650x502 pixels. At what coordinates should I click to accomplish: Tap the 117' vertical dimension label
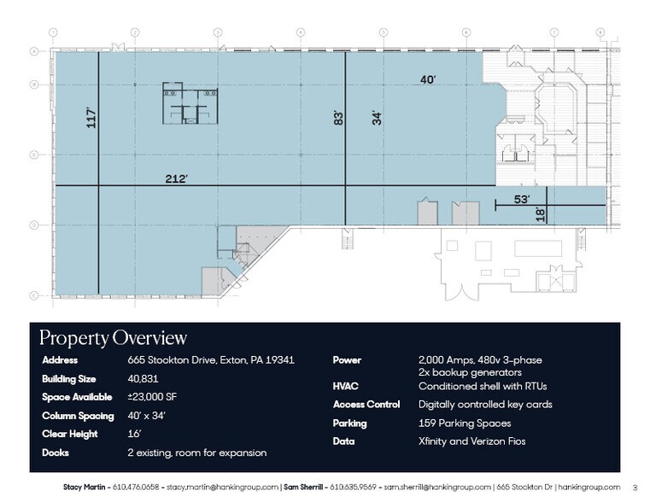[90, 117]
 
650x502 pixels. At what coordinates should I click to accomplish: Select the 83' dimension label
[337, 118]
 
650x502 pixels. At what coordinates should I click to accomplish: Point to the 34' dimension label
[376, 118]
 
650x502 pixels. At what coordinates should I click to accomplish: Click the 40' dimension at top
[428, 79]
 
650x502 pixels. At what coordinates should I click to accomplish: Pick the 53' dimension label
[521, 200]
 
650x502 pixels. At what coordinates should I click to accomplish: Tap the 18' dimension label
[539, 214]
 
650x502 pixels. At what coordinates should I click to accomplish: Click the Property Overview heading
[113, 338]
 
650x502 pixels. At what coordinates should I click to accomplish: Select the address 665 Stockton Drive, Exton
[211, 360]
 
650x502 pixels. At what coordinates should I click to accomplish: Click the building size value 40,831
[143, 379]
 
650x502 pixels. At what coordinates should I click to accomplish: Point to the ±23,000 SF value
[151, 397]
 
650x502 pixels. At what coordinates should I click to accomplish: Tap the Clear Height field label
[69, 435]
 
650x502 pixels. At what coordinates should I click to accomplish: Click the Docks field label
[56, 452]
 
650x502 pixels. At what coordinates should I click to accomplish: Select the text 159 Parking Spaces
[464, 423]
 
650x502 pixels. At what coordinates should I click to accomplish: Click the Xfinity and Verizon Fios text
[471, 441]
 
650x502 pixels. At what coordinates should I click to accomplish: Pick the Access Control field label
[366, 405]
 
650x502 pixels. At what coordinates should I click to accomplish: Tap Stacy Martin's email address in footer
[222, 487]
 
